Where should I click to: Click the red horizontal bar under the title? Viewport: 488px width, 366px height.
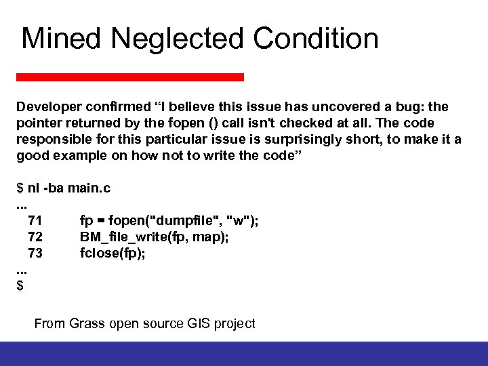point(130,77)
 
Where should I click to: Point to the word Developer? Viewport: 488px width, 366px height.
point(48,107)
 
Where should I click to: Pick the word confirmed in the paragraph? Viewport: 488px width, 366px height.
point(120,107)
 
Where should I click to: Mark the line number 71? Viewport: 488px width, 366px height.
point(35,220)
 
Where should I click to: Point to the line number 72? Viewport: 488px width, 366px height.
point(35,237)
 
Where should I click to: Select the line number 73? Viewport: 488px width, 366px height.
point(35,253)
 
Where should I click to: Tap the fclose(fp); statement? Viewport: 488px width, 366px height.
point(113,253)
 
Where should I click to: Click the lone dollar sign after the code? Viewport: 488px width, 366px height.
point(20,285)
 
